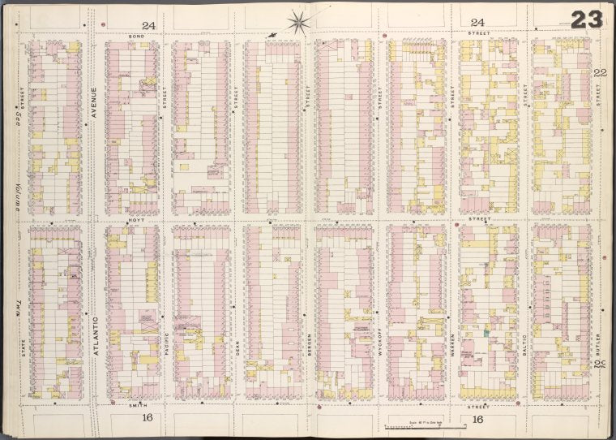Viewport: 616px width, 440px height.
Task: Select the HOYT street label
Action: (135, 220)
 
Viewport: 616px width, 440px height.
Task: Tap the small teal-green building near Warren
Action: (486, 333)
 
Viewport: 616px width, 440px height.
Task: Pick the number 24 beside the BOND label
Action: (148, 24)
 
